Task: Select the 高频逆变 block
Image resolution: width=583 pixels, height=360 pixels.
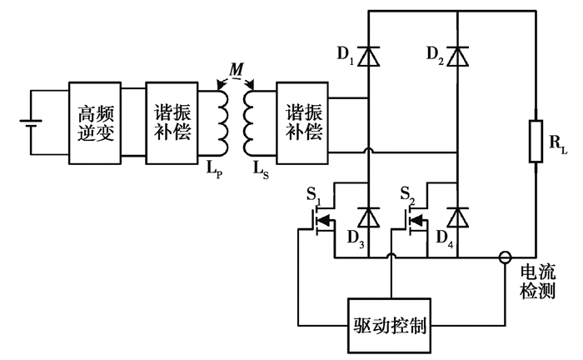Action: point(96,122)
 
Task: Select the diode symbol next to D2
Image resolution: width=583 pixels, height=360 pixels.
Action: point(456,56)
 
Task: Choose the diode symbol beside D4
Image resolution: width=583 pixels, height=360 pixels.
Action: point(456,218)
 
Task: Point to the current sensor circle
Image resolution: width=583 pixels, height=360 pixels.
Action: point(505,257)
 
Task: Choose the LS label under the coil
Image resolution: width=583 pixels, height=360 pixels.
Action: point(261,169)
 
